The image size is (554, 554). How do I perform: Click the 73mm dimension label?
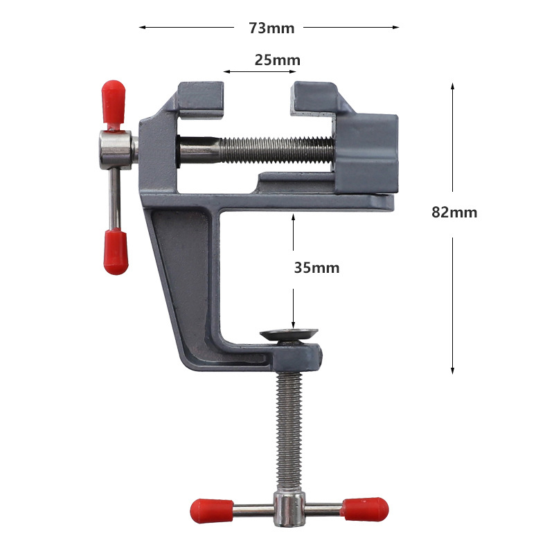tap(271, 28)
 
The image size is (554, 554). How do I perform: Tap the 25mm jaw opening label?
tap(278, 60)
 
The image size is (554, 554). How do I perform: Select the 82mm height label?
tap(454, 213)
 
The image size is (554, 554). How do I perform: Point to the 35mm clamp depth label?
tap(316, 268)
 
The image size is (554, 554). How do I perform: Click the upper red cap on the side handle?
tap(114, 102)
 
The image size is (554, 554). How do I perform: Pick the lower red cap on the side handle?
tap(116, 251)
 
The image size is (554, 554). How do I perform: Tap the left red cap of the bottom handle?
tap(212, 511)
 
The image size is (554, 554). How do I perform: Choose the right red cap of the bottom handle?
tap(366, 509)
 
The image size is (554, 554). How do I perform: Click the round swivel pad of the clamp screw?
tap(289, 334)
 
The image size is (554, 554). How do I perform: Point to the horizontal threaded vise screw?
tap(256, 150)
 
